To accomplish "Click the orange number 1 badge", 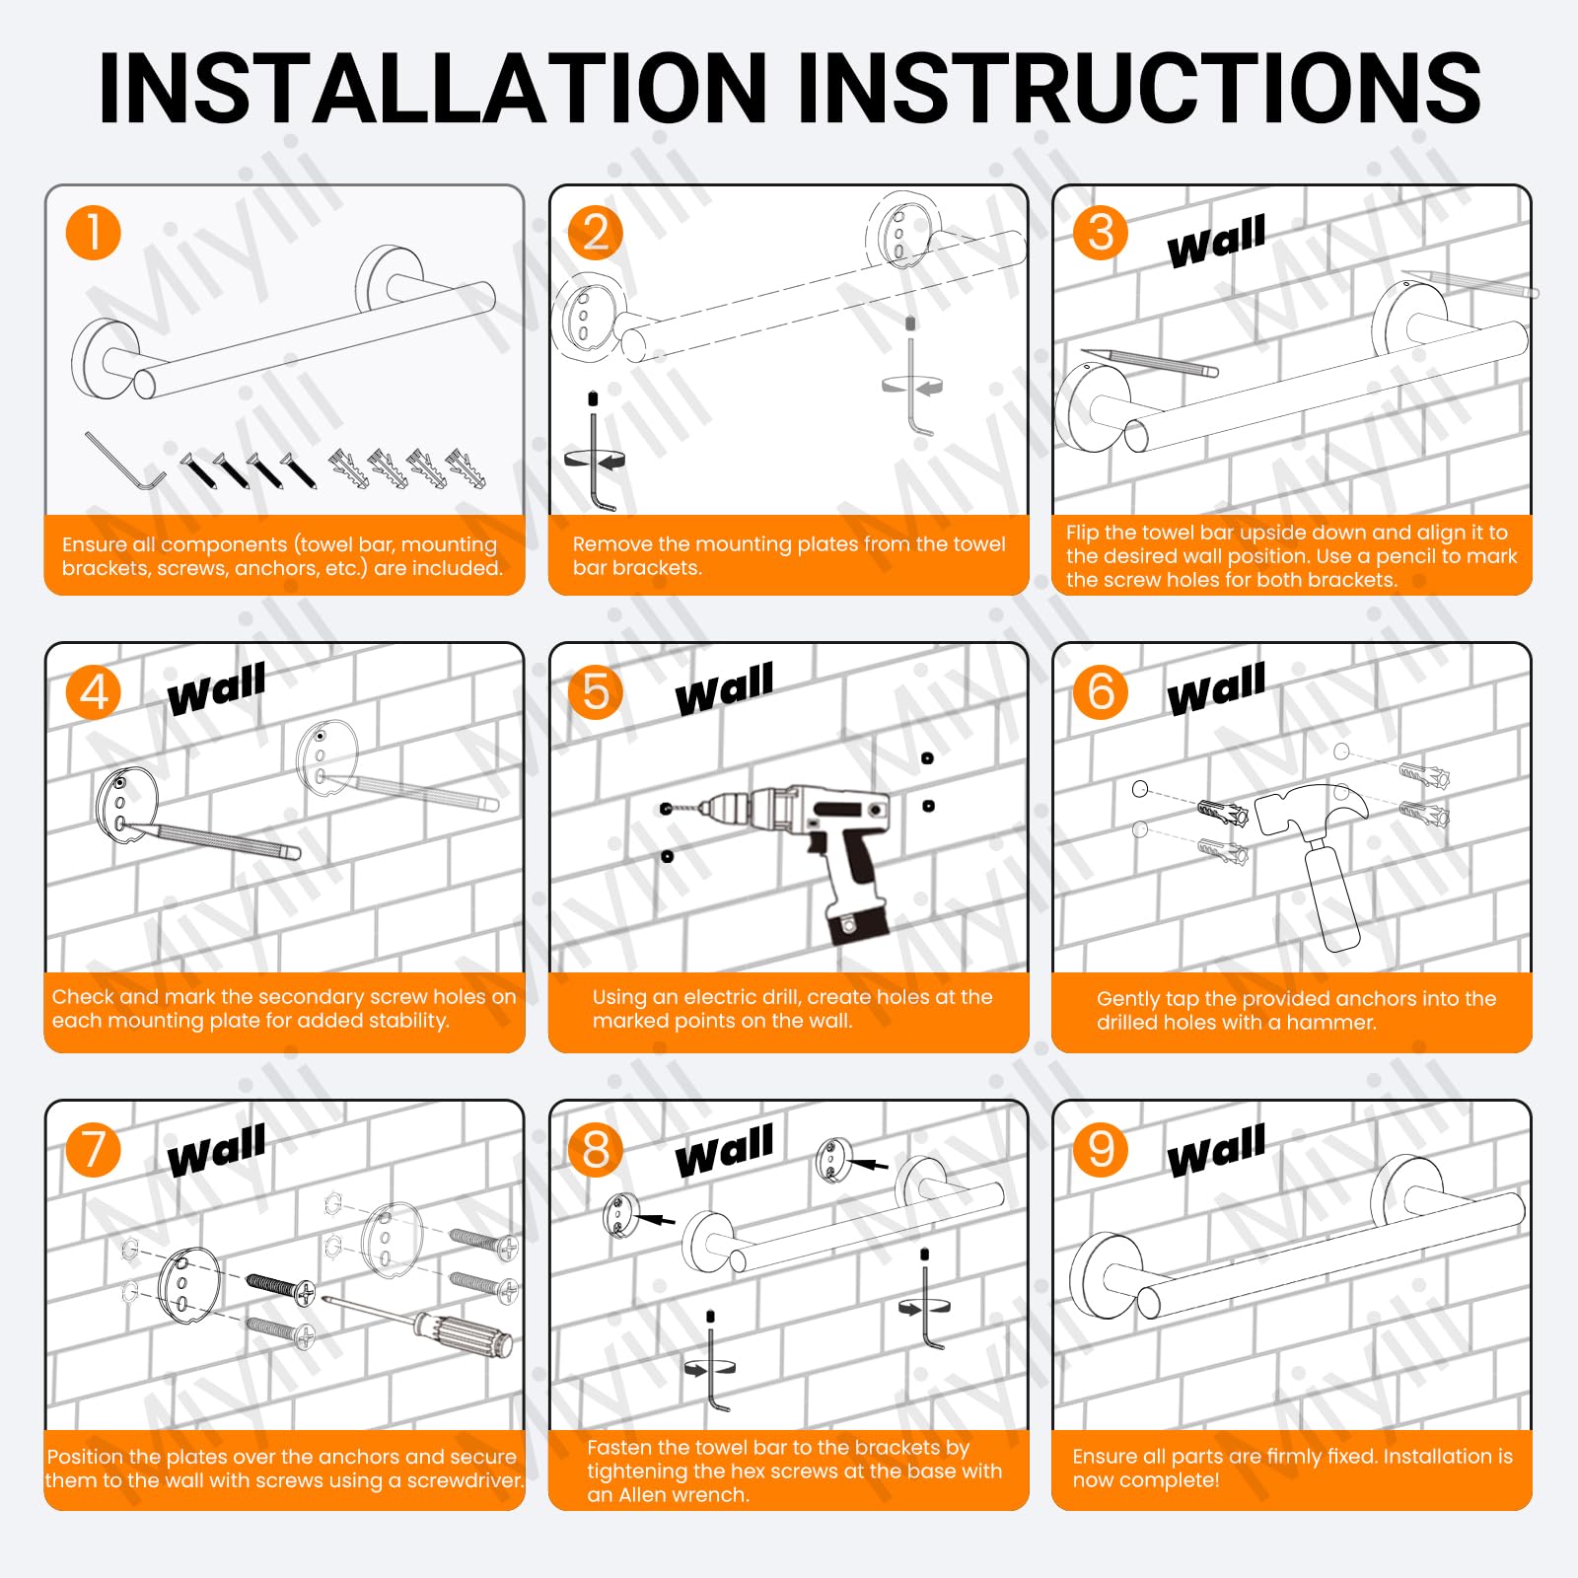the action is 93,233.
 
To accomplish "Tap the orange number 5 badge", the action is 596,691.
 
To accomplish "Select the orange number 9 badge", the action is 1101,1150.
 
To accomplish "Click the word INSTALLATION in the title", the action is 433,89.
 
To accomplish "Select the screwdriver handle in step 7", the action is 463,1333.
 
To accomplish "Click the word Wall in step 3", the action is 1216,242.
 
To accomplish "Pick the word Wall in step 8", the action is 725,1151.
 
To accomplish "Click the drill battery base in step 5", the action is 857,925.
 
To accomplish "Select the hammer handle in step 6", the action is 1331,894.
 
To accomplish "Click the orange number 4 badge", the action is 93,691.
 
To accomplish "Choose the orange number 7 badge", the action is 93,1150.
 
